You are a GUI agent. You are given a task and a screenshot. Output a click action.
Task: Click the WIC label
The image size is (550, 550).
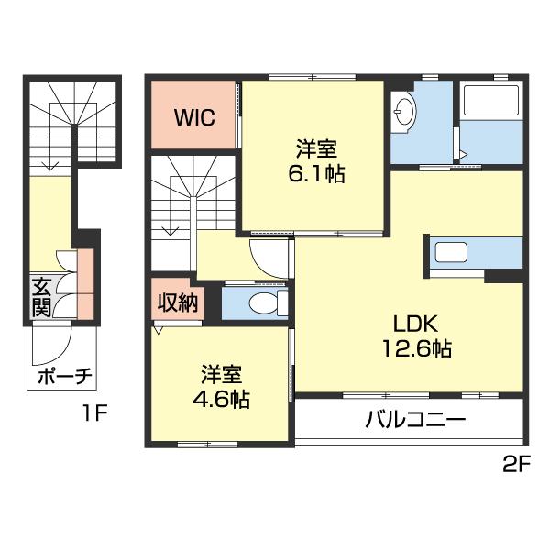coord(195,118)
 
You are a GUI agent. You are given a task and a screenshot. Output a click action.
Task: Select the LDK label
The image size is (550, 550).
coord(417,324)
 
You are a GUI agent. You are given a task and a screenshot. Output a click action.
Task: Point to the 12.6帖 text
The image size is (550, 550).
coord(417,349)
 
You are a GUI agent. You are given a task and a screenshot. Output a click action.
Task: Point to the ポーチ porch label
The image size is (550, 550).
coord(63,377)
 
